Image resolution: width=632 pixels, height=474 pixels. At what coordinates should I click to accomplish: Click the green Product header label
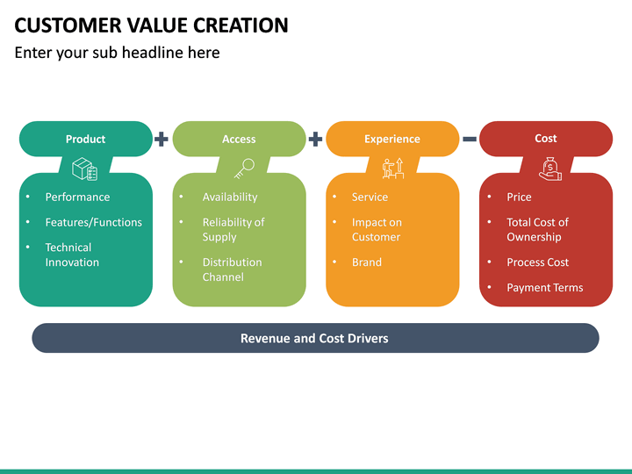(85, 139)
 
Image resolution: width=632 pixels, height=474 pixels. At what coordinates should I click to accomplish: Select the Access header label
(239, 139)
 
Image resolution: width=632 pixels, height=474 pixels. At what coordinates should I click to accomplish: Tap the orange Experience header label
(391, 139)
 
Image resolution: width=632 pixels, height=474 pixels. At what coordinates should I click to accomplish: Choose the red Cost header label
(545, 139)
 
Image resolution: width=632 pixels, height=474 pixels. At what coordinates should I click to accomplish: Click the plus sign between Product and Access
(162, 139)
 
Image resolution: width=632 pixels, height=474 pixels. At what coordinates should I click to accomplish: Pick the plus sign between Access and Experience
(315, 139)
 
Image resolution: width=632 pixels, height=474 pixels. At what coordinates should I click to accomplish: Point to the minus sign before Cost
(470, 139)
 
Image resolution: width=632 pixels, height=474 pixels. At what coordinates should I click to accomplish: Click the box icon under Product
(85, 169)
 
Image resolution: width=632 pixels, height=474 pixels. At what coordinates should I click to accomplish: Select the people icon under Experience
(392, 169)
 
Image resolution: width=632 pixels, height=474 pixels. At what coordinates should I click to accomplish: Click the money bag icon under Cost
(549, 169)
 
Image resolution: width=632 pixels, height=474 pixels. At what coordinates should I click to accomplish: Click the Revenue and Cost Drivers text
(314, 338)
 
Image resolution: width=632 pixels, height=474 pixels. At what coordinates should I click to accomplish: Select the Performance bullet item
(77, 197)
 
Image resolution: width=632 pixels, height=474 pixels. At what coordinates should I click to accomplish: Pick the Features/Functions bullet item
(93, 223)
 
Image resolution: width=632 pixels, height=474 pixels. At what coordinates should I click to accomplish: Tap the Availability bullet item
(230, 197)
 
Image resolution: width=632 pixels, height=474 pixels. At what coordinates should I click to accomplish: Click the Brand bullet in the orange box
(366, 262)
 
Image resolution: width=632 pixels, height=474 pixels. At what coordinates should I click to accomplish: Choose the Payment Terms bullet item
(544, 288)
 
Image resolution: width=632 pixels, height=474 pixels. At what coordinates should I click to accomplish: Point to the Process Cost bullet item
(537, 262)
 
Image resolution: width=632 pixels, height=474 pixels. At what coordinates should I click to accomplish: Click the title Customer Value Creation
(151, 25)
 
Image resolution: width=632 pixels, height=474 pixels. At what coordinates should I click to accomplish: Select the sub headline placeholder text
(117, 53)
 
